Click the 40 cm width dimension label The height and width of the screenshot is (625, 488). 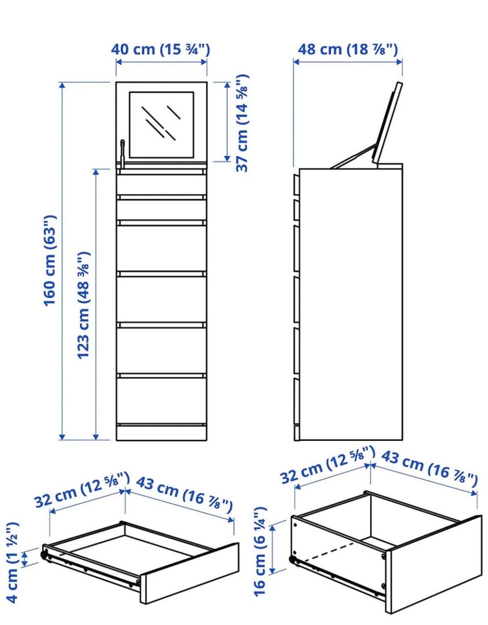click(x=160, y=49)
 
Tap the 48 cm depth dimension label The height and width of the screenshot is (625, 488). click(x=348, y=49)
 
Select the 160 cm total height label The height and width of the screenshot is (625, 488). click(x=50, y=260)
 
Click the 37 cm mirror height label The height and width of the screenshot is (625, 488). click(x=242, y=123)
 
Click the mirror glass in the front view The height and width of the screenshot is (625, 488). click(x=161, y=125)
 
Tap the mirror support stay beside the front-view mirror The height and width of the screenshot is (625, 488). click(x=123, y=153)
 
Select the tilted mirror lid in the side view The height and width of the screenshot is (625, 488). click(x=387, y=124)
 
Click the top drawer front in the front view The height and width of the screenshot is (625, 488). click(x=161, y=185)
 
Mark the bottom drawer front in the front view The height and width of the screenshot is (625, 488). click(x=161, y=401)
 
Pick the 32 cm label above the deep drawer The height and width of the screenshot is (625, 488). click(x=328, y=464)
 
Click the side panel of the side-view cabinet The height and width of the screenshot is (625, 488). click(x=351, y=304)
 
